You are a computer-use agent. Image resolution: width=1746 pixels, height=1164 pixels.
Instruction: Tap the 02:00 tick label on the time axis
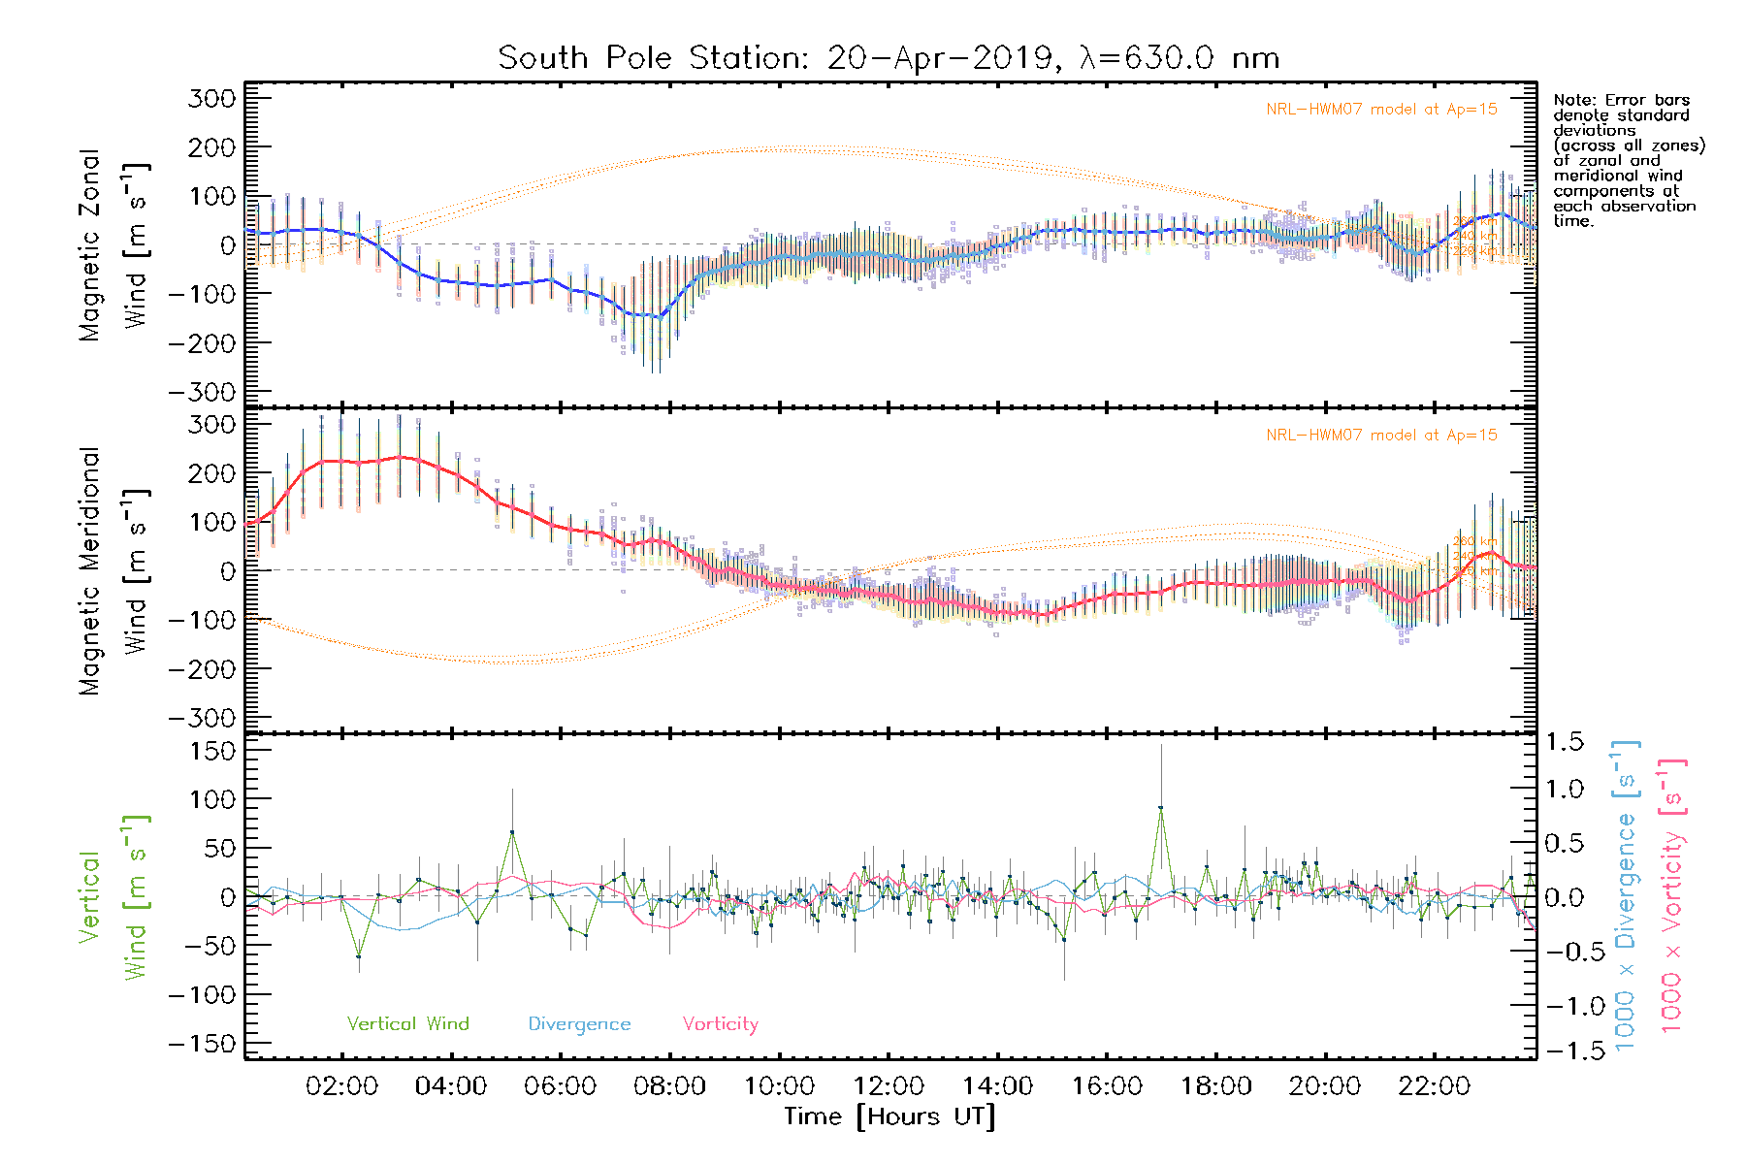click(341, 1086)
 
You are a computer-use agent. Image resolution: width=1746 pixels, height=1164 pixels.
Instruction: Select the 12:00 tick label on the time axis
click(889, 1086)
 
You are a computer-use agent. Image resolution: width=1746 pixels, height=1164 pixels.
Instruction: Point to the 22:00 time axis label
click(1435, 1086)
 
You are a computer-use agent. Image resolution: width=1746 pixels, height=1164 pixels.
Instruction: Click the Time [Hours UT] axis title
click(889, 1116)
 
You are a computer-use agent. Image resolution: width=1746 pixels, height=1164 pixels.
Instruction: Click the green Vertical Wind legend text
click(407, 1023)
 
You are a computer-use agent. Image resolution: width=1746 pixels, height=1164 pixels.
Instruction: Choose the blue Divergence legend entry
click(579, 1023)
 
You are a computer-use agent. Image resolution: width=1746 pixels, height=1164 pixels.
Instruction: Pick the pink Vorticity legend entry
click(720, 1023)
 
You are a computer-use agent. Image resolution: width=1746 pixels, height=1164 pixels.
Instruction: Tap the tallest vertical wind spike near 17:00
click(1160, 808)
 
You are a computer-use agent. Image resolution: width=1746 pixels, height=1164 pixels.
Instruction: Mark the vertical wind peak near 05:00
click(512, 832)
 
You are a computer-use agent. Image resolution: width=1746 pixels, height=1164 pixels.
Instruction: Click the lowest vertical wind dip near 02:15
click(359, 956)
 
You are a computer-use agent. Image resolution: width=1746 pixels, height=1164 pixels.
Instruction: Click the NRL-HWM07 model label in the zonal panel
click(1381, 110)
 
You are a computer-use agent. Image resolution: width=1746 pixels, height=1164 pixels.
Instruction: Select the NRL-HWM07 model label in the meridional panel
click(1381, 436)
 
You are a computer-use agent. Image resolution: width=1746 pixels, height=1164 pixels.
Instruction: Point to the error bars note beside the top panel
click(1628, 160)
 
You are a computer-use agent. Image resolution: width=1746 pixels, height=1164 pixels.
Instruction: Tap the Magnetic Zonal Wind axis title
click(114, 244)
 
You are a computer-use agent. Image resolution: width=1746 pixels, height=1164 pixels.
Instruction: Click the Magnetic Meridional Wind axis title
click(114, 571)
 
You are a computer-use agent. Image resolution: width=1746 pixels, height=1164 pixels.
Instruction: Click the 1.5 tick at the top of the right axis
click(1564, 742)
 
